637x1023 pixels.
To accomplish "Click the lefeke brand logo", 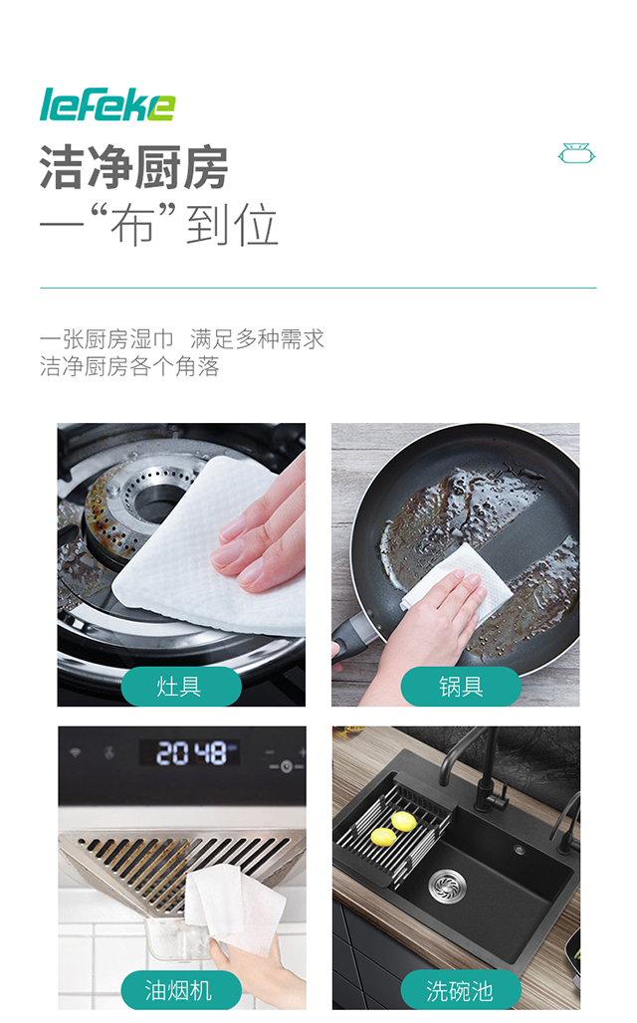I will [106, 104].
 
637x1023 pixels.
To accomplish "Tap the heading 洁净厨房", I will [134, 167].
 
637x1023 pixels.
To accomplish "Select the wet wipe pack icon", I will [576, 154].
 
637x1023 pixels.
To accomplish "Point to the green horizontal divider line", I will [318, 288].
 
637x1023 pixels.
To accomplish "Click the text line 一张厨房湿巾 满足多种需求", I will [182, 339].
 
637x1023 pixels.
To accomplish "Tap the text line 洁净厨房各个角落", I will [129, 366].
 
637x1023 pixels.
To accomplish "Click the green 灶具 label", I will [181, 687].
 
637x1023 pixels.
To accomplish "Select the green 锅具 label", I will [461, 687].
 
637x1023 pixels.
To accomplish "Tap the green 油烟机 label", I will [181, 990].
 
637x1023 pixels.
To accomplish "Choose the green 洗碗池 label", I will [461, 990].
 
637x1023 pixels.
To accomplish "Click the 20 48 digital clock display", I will [189, 753].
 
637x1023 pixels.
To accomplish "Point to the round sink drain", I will [444, 882].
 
